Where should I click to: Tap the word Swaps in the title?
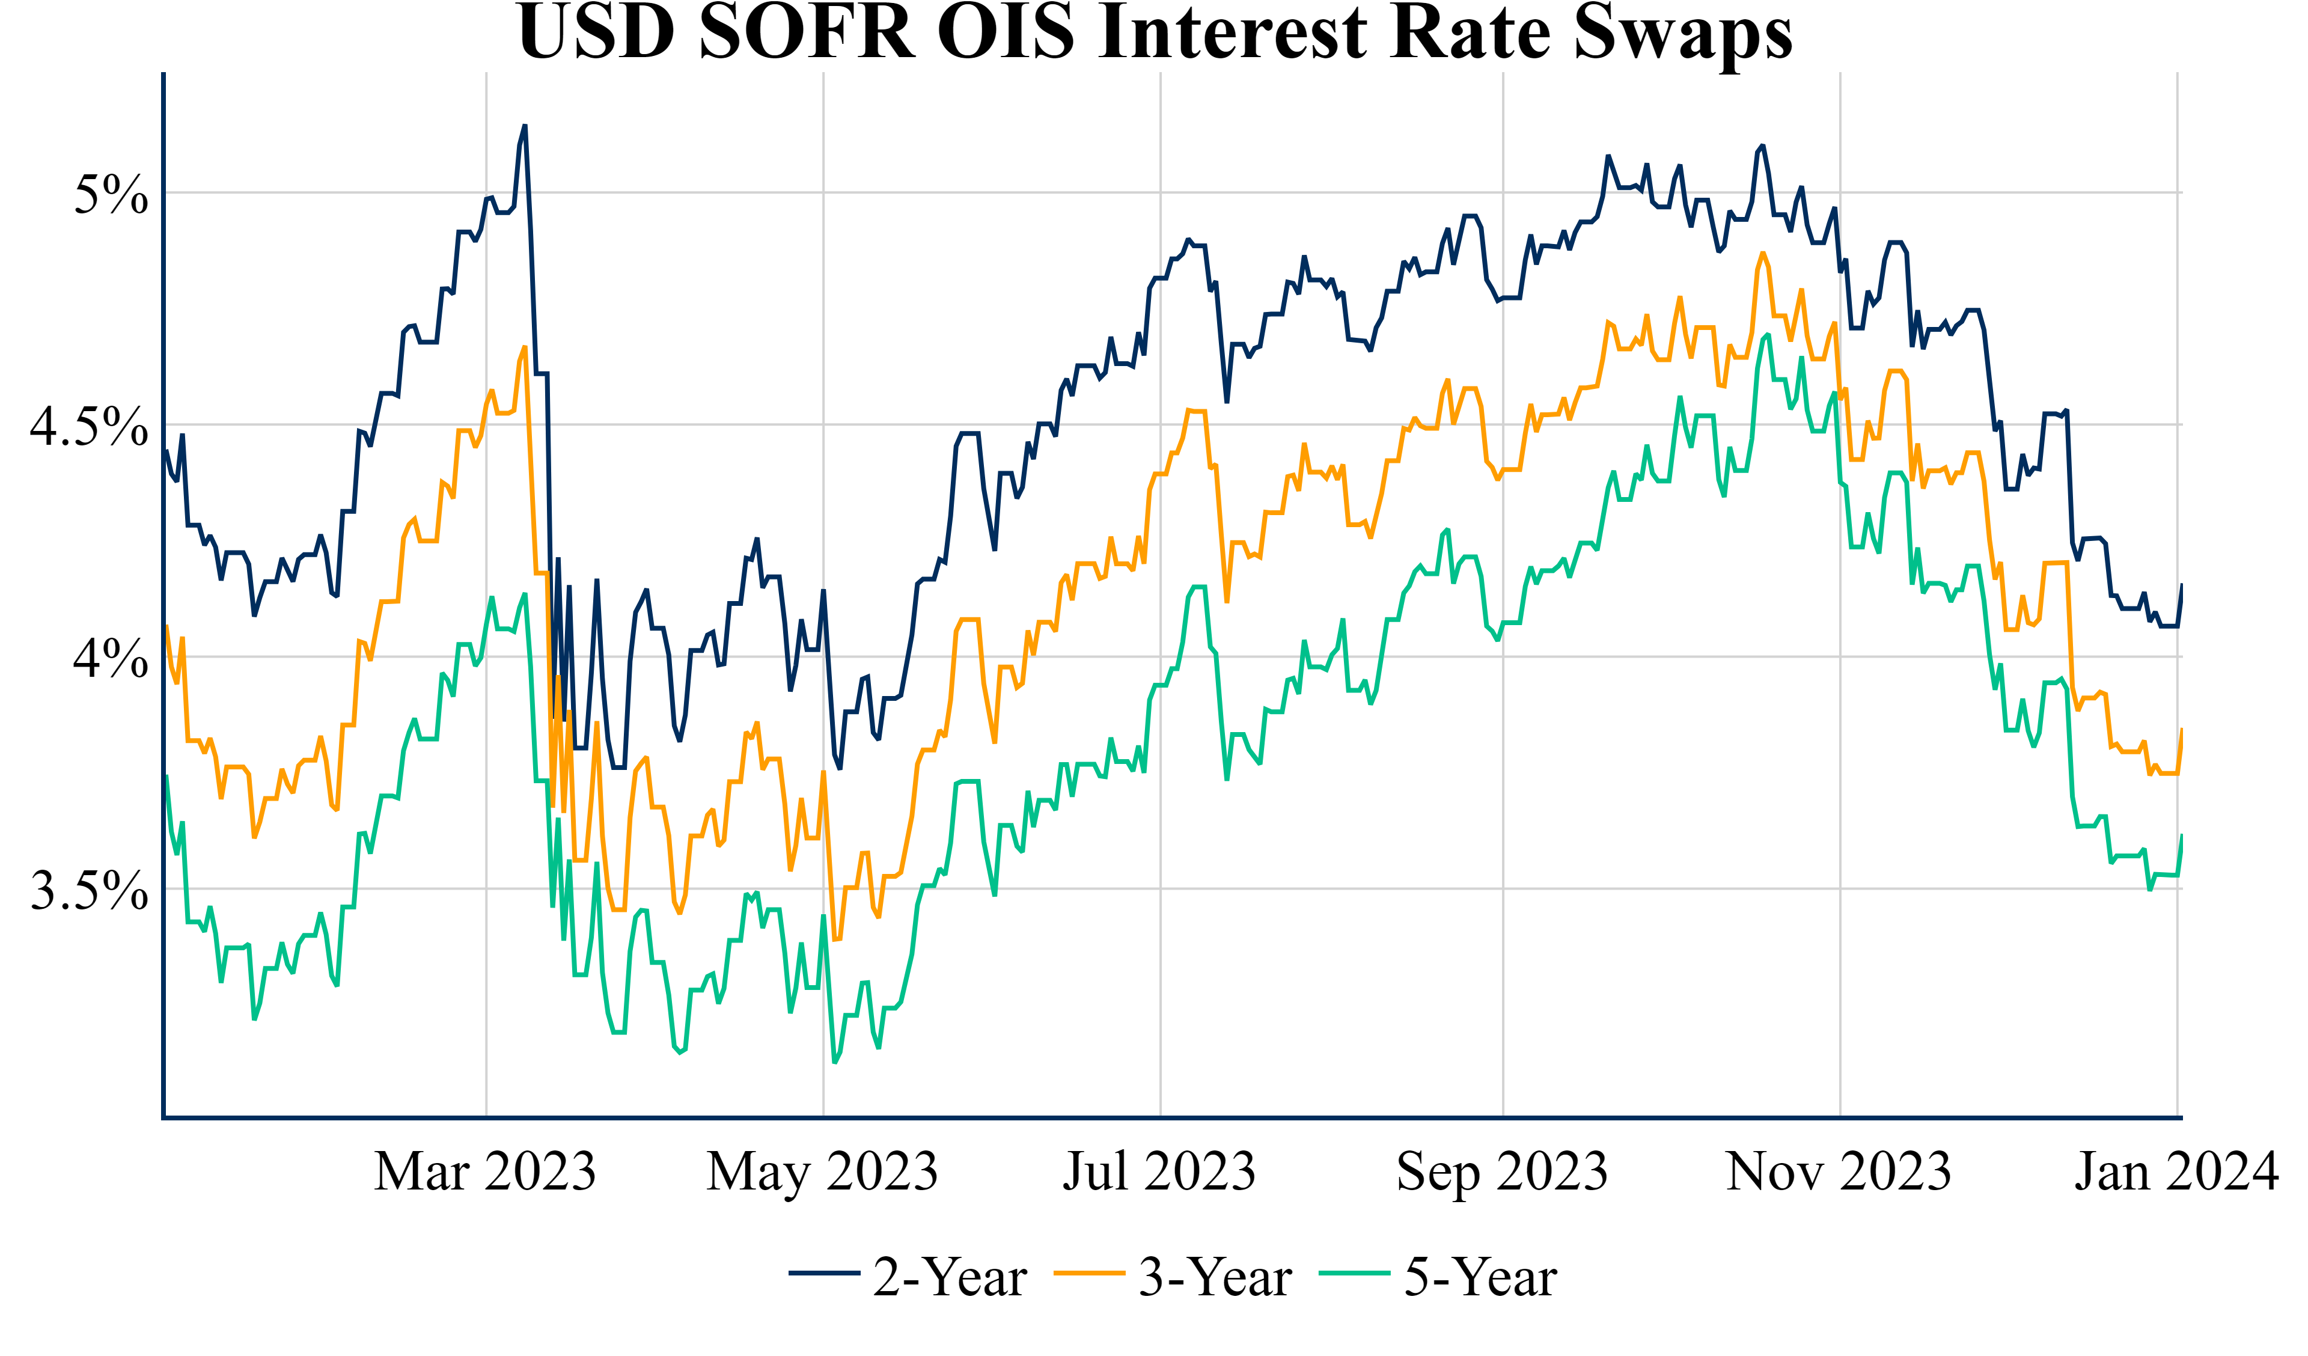pyautogui.click(x=1684, y=33)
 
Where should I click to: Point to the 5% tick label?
pyautogui.click(x=111, y=194)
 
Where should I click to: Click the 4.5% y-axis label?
pyautogui.click(x=89, y=427)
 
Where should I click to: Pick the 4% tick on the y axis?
pyautogui.click(x=111, y=659)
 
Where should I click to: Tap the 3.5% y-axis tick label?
pyautogui.click(x=89, y=891)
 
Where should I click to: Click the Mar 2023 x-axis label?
pyautogui.click(x=486, y=1172)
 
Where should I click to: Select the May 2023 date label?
pyautogui.click(x=822, y=1172)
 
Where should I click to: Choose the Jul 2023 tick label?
pyautogui.click(x=1159, y=1172)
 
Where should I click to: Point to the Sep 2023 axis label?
pyautogui.click(x=1502, y=1172)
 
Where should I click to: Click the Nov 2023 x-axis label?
pyautogui.click(x=1839, y=1172)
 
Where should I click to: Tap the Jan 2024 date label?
pyautogui.click(x=2176, y=1172)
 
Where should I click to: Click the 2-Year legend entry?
pyautogui.click(x=950, y=1277)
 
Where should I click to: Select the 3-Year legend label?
pyautogui.click(x=1215, y=1277)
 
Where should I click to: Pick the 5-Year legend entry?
pyautogui.click(x=1481, y=1277)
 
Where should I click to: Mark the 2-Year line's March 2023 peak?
pyautogui.click(x=525, y=126)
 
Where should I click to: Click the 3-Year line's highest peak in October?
pyautogui.click(x=1762, y=253)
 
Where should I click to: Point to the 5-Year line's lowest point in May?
pyautogui.click(x=834, y=1062)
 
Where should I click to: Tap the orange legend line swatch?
pyautogui.click(x=1089, y=1274)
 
